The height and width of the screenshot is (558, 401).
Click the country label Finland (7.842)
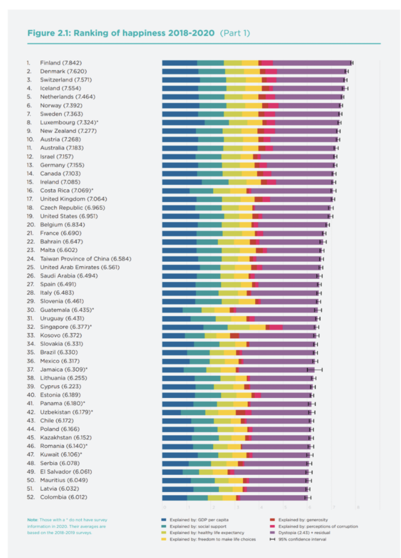coord(61,63)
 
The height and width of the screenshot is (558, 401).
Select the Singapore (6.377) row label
coord(66,327)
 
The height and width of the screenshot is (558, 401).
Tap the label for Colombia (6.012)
coord(64,497)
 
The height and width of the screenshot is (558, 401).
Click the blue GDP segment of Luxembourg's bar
coord(183,123)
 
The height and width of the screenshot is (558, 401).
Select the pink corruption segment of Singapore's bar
coord(276,327)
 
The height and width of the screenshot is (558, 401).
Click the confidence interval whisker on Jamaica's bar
coord(315,370)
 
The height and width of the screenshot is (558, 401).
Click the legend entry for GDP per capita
coord(199,520)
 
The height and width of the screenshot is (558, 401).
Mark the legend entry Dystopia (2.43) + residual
coord(304,533)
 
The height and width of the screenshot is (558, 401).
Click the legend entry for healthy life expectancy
coord(206,533)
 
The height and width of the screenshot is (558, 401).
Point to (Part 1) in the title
coord(235,33)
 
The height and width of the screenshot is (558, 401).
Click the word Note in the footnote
coord(32,520)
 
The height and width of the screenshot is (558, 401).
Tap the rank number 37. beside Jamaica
coord(30,370)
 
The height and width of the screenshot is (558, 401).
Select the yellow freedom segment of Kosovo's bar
coord(223,336)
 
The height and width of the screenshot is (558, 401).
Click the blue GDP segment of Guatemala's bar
coord(172,310)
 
